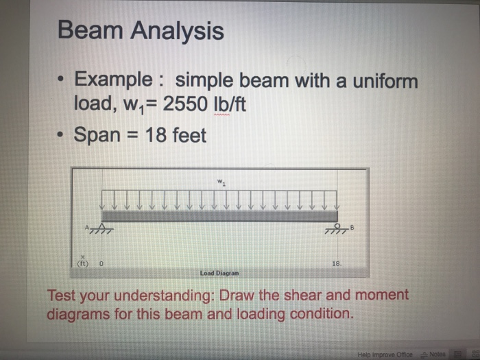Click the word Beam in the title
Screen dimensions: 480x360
91,29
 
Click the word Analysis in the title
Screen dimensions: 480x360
177,32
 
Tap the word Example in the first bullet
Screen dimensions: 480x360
114,80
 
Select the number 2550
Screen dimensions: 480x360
185,104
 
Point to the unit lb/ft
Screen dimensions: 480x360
229,104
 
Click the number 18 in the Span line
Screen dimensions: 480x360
156,134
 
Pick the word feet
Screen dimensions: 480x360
189,135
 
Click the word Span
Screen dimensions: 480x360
97,135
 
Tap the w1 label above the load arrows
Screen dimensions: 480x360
221,182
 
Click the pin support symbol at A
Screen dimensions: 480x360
102,228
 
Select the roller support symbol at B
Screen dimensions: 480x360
337,229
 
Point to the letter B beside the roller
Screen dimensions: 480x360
352,228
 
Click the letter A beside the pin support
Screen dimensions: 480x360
86,228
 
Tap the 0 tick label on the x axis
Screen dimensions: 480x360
101,263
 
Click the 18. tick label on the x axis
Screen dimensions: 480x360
337,263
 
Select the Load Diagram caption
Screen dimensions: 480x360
219,273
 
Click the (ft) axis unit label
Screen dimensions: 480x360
83,263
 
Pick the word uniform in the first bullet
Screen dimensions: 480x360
385,81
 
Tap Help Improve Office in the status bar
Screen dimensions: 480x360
385,355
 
